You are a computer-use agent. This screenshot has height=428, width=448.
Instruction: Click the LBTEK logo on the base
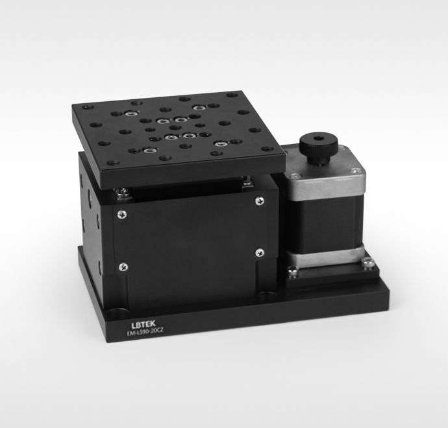[x=143, y=324]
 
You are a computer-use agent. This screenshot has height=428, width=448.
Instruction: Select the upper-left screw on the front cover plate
[x=122, y=215]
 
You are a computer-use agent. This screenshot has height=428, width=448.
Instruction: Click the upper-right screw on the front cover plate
[x=260, y=201]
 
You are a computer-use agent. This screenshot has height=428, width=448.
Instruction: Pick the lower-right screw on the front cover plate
[x=260, y=252]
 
